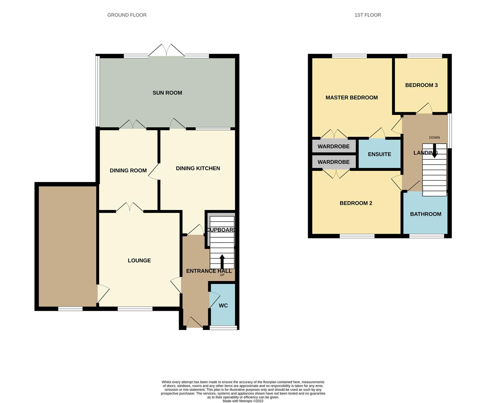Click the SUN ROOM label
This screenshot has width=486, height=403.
(167, 93)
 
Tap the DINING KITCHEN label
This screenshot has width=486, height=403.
(198, 168)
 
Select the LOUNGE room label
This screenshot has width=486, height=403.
(139, 260)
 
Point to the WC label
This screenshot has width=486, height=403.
(223, 306)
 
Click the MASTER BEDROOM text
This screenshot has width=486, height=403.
(351, 98)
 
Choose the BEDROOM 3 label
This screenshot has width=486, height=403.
(421, 85)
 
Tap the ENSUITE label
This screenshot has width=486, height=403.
(379, 154)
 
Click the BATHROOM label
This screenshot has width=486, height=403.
(425, 214)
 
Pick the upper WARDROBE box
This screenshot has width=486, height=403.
(333, 146)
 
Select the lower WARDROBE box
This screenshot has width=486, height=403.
(333, 162)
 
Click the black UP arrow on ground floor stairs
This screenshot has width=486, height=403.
(222, 261)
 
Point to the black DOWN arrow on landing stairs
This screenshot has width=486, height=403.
(434, 152)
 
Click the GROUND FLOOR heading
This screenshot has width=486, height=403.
(127, 15)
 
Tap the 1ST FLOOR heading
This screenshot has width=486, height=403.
(367, 15)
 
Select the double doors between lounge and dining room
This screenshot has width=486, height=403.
(129, 207)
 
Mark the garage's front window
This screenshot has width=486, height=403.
(70, 309)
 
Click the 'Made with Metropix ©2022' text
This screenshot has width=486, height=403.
(243, 401)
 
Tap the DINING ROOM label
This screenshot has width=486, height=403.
(128, 171)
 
